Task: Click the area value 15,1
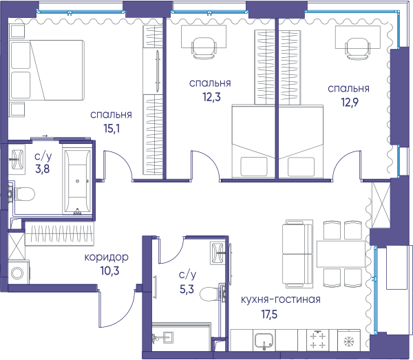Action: tap(112, 129)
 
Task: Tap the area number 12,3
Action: tap(211, 97)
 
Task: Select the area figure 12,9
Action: tap(350, 103)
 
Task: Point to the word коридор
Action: tap(107, 257)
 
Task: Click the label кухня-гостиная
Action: tap(281, 299)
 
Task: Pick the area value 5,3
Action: tap(187, 289)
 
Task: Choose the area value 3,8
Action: tap(43, 169)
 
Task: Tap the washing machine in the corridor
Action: tap(19, 273)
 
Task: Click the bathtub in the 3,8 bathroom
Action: tap(77, 181)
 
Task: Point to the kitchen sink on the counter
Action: tap(264, 341)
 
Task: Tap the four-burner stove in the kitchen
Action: tap(318, 340)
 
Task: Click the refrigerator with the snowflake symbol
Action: tap(349, 340)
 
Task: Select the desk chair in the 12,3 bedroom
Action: tap(204, 48)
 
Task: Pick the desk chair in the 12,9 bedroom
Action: tap(357, 49)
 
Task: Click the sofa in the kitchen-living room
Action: tap(297, 254)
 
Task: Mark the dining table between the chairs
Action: tap(341, 254)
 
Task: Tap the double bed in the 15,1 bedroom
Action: tap(47, 70)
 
